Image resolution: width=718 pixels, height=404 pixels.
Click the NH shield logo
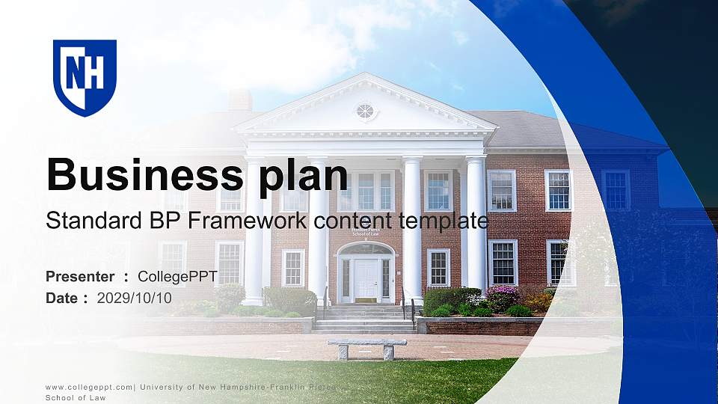click(85, 77)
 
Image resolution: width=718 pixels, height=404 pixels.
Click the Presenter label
click(80, 277)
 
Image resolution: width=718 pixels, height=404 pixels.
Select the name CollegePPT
click(177, 277)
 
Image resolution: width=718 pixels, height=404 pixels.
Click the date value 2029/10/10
click(134, 298)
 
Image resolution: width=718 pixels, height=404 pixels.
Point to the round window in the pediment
click(365, 111)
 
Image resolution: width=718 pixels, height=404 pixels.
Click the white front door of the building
click(366, 278)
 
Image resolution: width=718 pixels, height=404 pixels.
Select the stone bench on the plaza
click(366, 348)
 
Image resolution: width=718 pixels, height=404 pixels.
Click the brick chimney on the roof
click(240, 100)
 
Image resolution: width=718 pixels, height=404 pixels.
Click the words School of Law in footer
click(76, 398)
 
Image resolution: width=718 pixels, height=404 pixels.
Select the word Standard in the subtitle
click(87, 221)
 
